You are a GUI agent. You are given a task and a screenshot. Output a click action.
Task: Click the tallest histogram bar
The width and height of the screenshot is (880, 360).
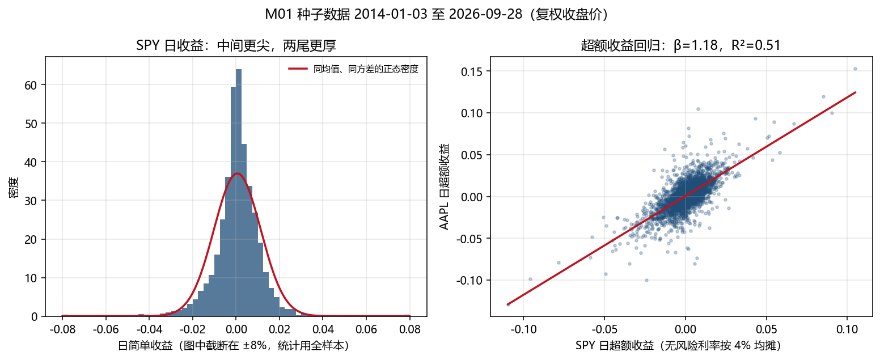click(239, 193)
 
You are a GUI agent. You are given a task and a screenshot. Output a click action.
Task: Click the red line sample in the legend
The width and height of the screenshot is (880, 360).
click(298, 69)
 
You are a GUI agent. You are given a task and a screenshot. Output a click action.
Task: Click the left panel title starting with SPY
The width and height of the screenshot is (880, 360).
click(236, 45)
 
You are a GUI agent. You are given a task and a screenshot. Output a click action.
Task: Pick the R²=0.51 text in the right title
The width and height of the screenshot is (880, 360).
click(756, 45)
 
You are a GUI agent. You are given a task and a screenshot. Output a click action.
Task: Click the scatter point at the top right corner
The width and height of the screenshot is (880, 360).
click(855, 69)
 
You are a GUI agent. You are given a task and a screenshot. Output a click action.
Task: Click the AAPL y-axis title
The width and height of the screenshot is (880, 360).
click(444, 187)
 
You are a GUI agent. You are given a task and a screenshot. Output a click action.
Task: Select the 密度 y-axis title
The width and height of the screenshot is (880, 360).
click(14, 187)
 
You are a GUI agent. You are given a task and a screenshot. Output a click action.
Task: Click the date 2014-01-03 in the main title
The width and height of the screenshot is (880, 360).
click(391, 14)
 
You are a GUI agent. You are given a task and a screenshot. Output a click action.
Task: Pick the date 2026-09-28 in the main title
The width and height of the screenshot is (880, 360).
click(485, 14)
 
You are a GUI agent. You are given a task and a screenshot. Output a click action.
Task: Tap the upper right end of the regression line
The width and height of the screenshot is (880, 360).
click(856, 92)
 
